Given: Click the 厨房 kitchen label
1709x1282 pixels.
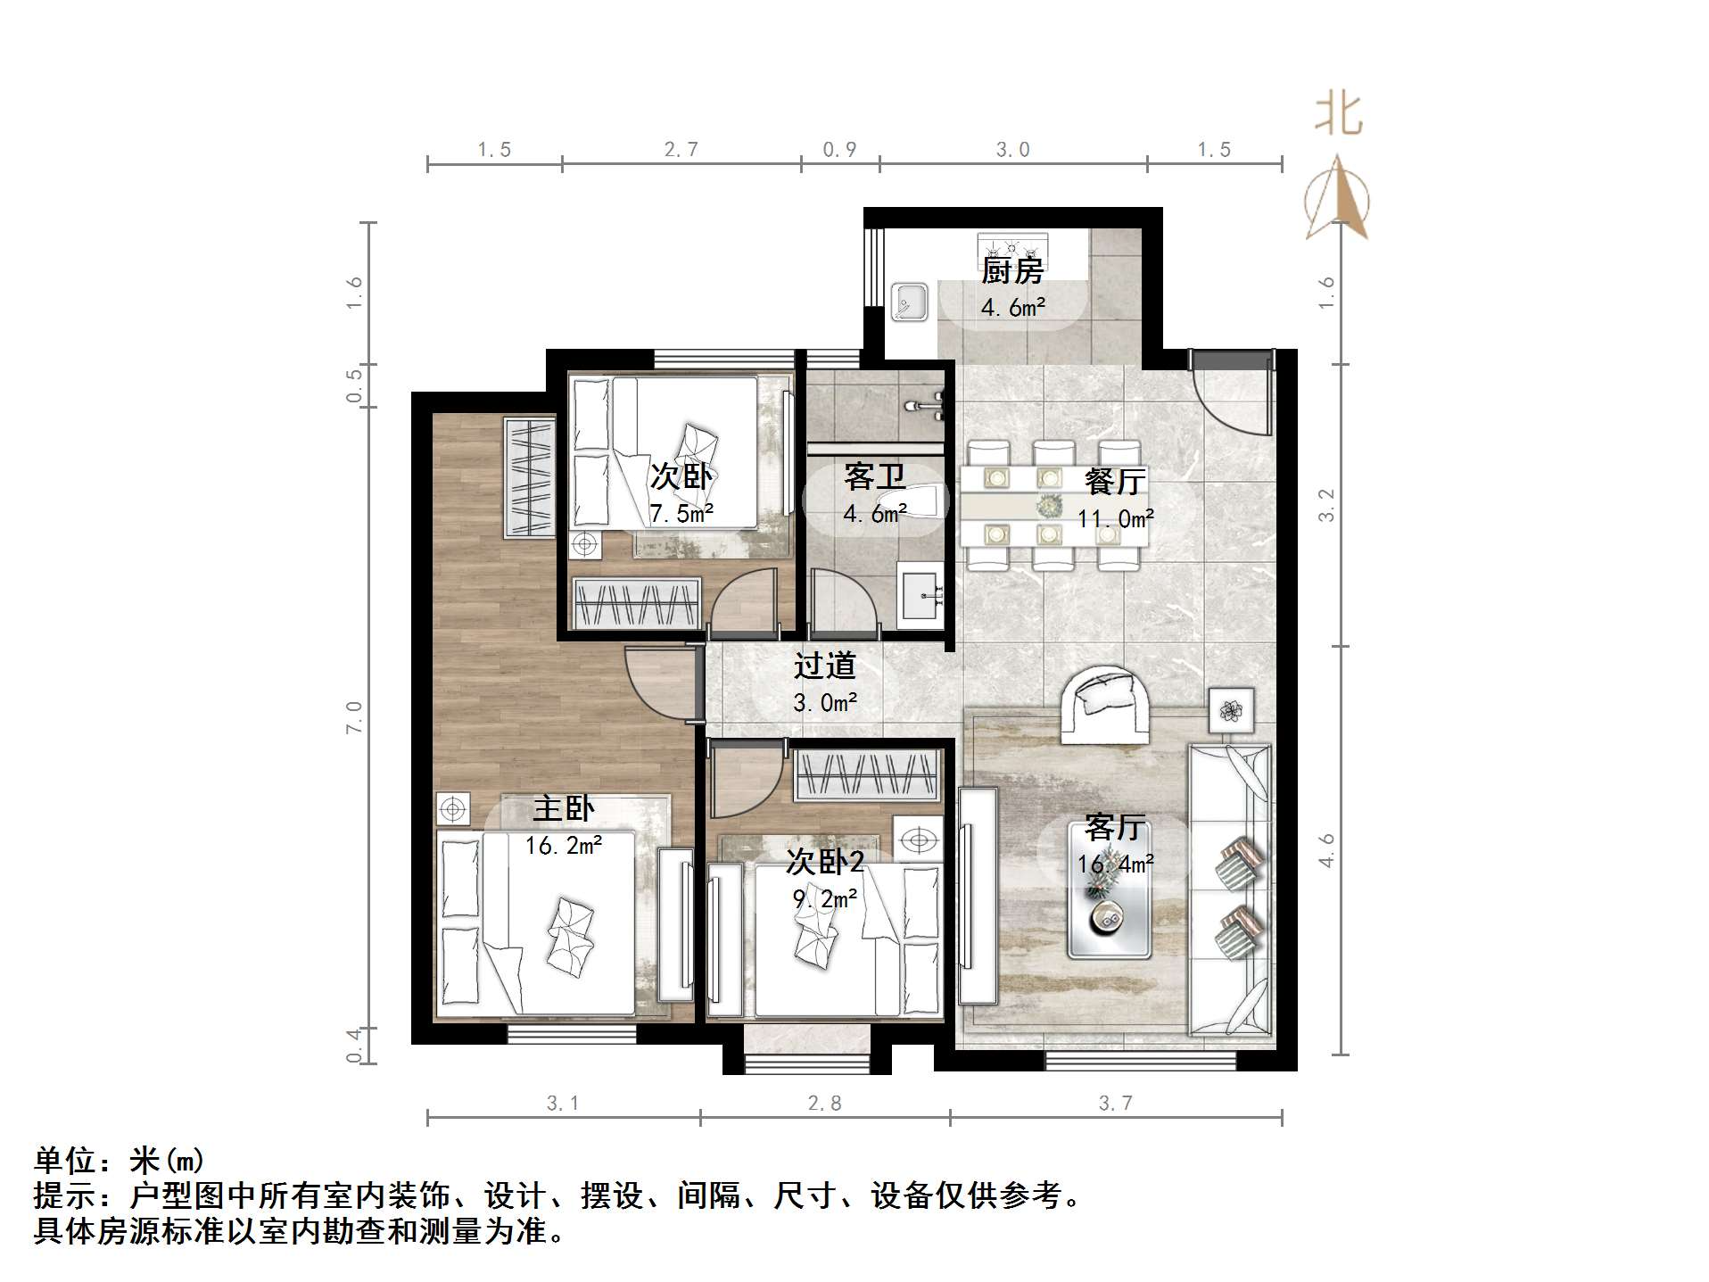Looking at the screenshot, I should click(1012, 269).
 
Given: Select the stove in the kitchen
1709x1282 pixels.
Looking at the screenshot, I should click(1012, 244).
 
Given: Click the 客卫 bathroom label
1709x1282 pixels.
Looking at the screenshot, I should click(874, 477).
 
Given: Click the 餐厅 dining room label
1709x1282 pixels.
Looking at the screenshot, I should click(1115, 482).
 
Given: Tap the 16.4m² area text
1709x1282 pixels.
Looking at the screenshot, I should click(1115, 864).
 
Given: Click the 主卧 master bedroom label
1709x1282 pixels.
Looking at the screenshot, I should click(563, 808).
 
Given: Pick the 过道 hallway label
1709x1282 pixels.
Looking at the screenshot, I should click(825, 666).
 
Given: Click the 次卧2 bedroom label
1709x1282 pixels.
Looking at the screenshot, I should click(825, 862).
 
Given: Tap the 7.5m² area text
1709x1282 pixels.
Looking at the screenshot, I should click(681, 514).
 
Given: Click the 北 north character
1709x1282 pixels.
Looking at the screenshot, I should click(1338, 115).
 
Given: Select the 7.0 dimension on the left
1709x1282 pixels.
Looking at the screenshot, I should click(354, 717).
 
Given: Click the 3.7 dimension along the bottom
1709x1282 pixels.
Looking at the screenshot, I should click(1115, 1104).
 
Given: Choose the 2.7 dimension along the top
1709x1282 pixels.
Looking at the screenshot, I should click(681, 150).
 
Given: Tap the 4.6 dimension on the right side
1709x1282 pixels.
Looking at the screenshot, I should click(1327, 849).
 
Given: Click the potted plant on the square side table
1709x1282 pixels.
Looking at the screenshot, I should click(1231, 710).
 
